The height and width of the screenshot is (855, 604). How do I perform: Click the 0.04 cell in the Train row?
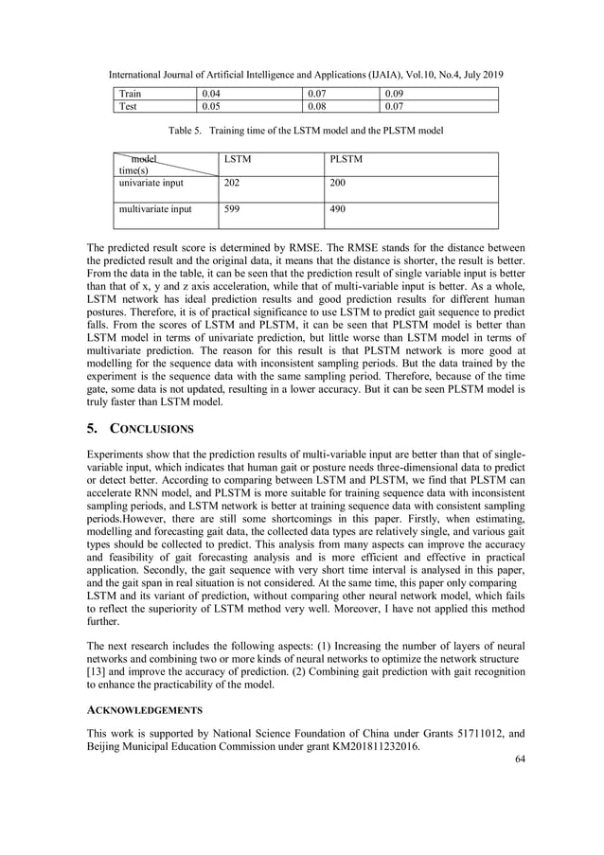(x=214, y=94)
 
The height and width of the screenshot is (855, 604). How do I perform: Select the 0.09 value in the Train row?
(x=394, y=94)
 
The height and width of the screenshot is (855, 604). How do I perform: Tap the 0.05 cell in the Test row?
(x=214, y=107)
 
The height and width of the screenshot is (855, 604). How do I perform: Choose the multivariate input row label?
(x=154, y=210)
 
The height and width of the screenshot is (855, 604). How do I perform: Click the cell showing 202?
(x=231, y=184)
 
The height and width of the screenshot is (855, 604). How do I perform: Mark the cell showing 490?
(x=338, y=210)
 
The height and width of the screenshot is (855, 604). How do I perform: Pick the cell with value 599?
(x=231, y=210)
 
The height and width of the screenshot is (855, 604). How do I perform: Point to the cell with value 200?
(x=338, y=184)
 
